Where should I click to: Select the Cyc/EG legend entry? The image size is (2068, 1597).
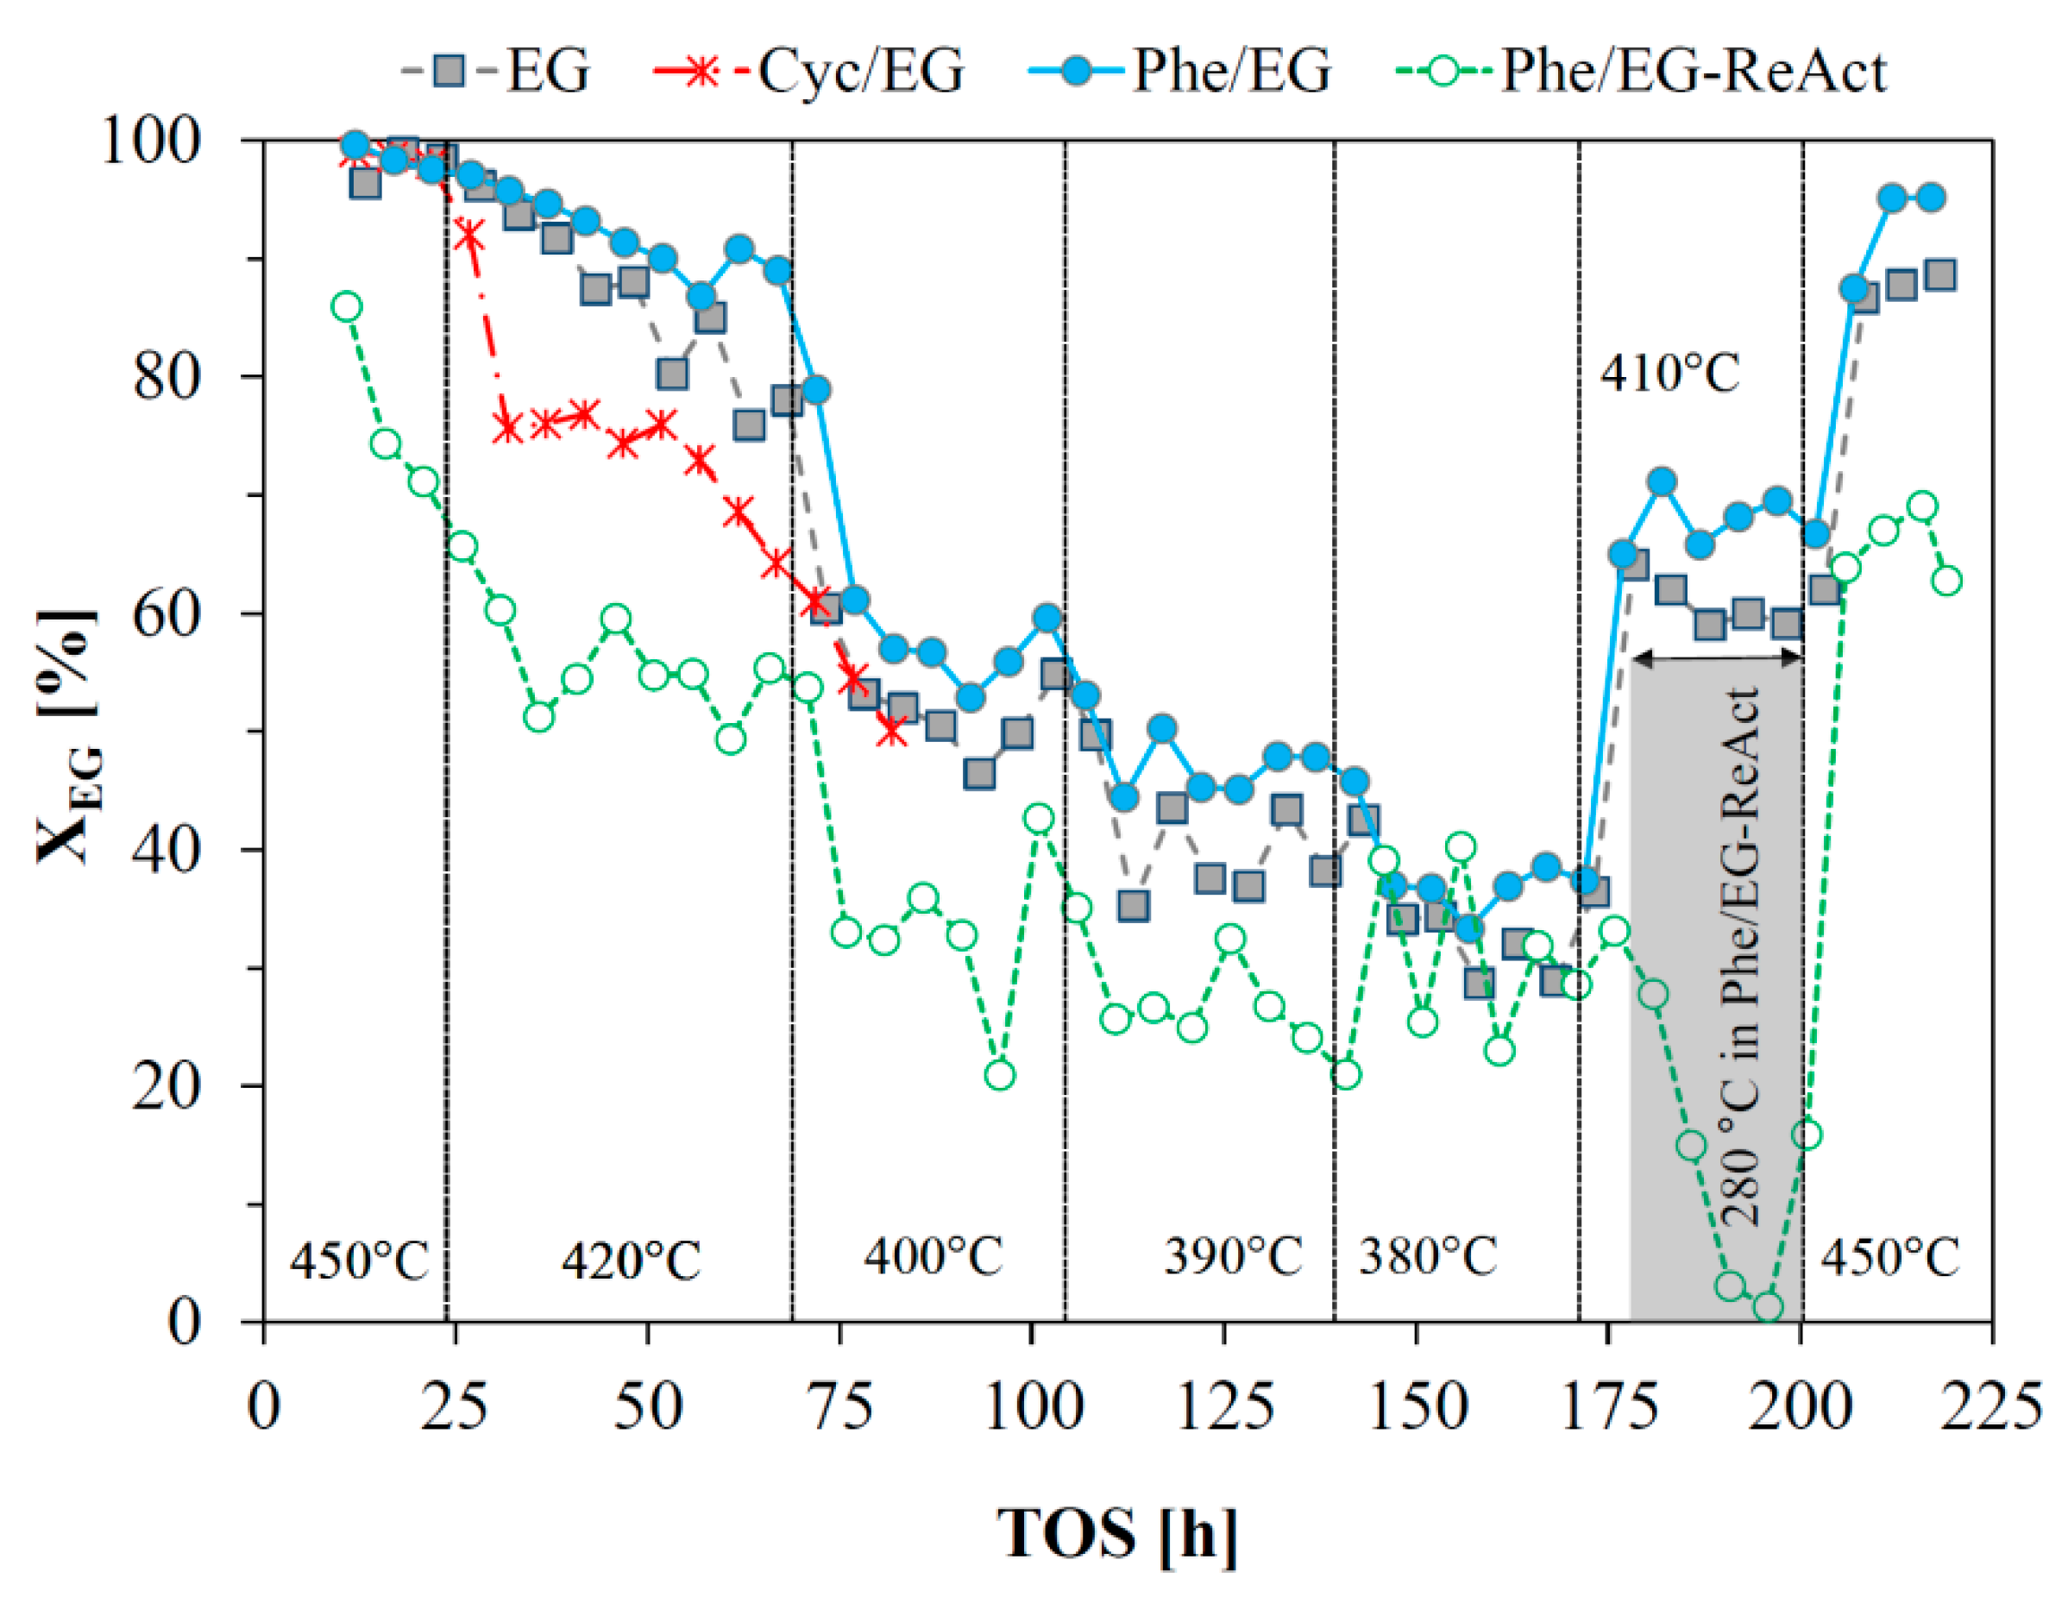tap(809, 71)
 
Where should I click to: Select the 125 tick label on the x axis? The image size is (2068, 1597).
tap(1225, 1406)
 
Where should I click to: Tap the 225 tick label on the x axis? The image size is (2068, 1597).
tap(1992, 1406)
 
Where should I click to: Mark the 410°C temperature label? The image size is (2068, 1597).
tap(1670, 373)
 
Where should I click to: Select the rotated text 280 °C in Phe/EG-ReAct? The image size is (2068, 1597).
tap(1740, 956)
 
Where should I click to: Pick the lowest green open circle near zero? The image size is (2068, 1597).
tap(1768, 1307)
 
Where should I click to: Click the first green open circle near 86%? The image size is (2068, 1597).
tap(347, 306)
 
